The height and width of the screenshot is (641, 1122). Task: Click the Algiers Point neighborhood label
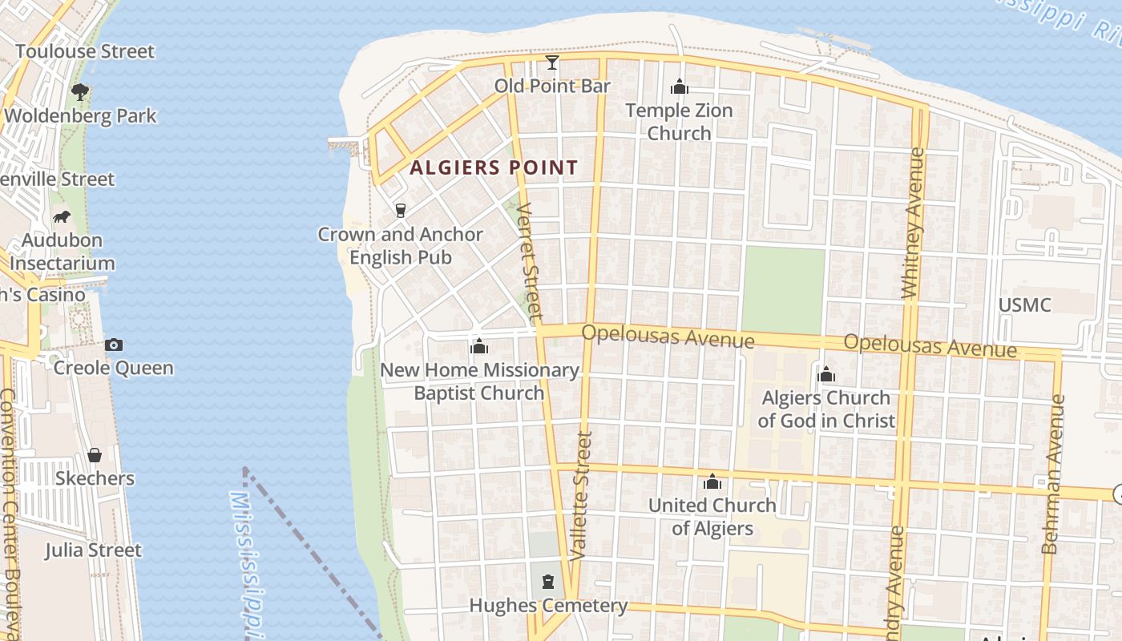point(494,168)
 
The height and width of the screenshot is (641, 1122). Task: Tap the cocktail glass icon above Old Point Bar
point(552,62)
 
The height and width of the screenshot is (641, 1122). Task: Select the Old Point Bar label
point(552,86)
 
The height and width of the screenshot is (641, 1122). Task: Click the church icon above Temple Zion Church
point(680,87)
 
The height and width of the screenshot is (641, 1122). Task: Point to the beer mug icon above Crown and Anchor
point(401,211)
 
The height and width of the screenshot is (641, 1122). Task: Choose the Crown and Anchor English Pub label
point(401,246)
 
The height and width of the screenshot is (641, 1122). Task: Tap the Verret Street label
point(530,260)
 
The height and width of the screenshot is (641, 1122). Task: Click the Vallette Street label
point(583,495)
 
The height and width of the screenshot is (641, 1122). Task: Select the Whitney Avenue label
point(913,224)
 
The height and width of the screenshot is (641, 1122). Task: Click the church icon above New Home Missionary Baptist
point(479,346)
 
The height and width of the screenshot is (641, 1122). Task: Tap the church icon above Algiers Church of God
point(826,374)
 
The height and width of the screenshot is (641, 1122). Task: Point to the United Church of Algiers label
point(712,517)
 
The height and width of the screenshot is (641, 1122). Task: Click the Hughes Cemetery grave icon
point(548,581)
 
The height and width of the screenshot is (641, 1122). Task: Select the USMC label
point(1024,305)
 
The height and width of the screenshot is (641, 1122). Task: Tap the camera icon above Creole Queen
point(114,345)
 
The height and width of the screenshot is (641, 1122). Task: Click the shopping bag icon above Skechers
point(95,455)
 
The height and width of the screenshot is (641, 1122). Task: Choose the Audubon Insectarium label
point(63,252)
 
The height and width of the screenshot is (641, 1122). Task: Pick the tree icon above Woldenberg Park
point(80,92)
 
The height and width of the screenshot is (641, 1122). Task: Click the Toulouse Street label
point(85,52)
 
